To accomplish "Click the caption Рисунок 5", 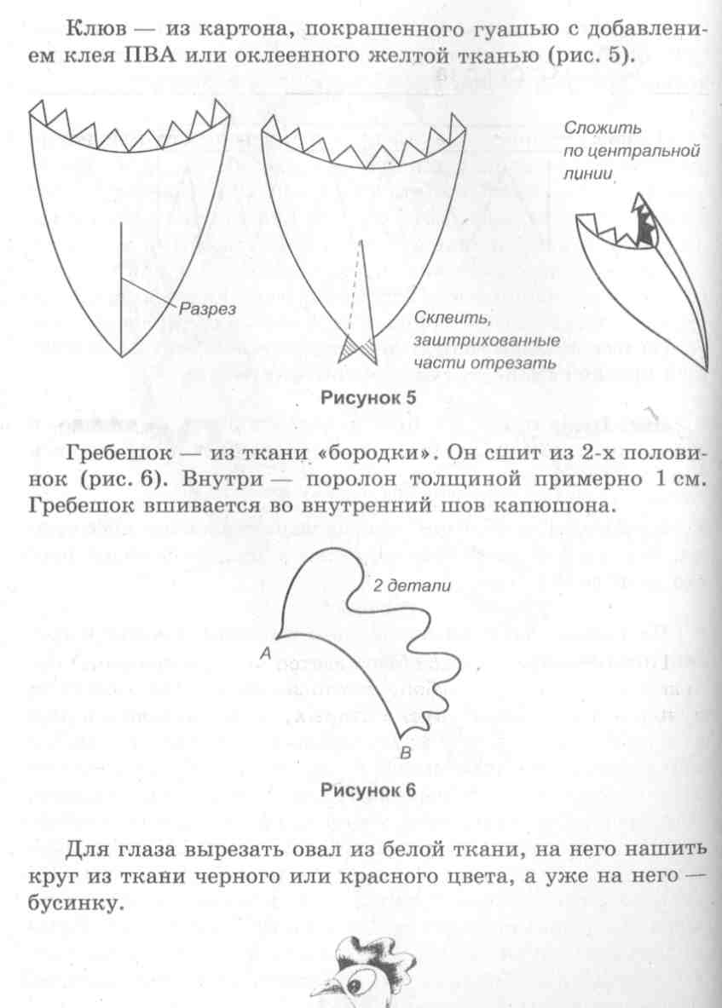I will [x=367, y=397].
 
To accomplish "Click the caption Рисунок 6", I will [x=367, y=789].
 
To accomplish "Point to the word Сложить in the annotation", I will [x=602, y=130].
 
